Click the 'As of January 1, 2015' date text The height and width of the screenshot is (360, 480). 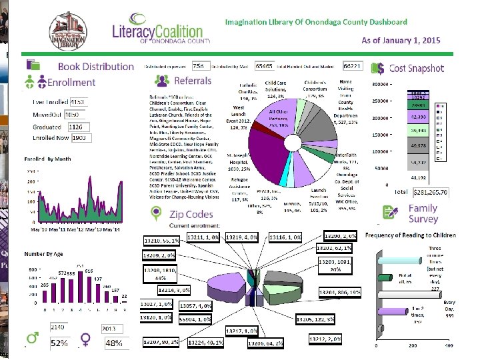point(401,41)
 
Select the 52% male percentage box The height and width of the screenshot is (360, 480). point(59,343)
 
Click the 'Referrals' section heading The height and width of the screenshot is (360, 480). point(192,81)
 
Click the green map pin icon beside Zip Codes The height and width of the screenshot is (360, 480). point(156,213)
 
